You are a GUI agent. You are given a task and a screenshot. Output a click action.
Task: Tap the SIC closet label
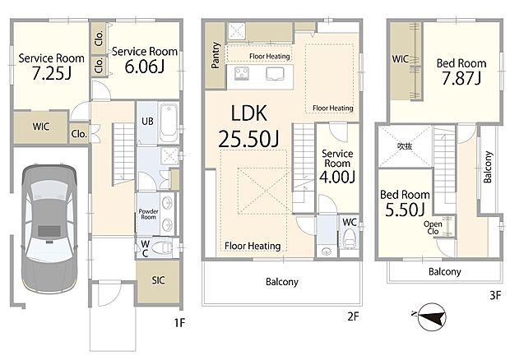click(158, 280)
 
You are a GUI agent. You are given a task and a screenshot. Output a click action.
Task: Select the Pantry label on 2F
click(216, 55)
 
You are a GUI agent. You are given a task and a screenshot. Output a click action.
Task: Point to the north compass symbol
click(431, 316)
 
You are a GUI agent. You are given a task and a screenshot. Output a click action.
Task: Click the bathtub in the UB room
click(169, 122)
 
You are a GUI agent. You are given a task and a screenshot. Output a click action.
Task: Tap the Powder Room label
click(148, 214)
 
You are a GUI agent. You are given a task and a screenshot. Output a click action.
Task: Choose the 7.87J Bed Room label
click(461, 72)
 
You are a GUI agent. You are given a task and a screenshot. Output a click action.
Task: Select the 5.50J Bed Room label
click(405, 203)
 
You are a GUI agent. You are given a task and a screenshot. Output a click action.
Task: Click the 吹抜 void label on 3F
click(405, 146)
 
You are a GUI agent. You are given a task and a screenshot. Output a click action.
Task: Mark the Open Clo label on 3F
click(433, 228)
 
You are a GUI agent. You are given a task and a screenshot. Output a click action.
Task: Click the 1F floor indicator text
click(179, 323)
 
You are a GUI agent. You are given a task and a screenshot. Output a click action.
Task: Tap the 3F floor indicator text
click(495, 295)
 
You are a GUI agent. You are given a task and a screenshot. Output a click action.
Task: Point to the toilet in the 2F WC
click(350, 238)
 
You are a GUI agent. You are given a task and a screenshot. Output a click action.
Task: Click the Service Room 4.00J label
click(337, 166)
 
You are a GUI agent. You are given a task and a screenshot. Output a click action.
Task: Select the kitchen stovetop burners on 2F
click(242, 73)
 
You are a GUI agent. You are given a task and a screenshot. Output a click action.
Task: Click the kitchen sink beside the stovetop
click(275, 74)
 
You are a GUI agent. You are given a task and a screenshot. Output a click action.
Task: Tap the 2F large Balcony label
click(282, 282)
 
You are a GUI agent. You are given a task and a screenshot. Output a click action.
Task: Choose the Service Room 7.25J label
click(51, 67)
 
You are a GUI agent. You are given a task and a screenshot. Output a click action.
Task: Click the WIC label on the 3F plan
click(400, 59)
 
